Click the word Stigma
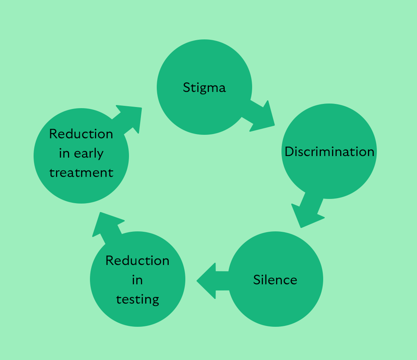coord(204,88)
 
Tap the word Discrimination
coord(329,151)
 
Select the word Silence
coord(275,280)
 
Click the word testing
coord(138,300)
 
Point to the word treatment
coord(81,172)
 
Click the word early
coord(89,154)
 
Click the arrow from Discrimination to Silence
coord(307,212)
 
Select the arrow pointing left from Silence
coord(211,281)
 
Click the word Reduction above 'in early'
coord(81,134)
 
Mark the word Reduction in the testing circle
coord(138,260)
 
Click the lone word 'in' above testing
coord(138,280)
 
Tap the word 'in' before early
coord(64,154)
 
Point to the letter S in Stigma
coord(187,88)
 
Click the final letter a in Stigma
coord(222,89)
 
